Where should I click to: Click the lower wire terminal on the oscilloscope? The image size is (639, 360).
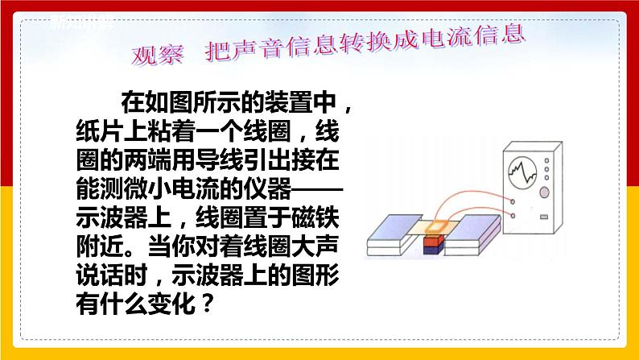(514, 215)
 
